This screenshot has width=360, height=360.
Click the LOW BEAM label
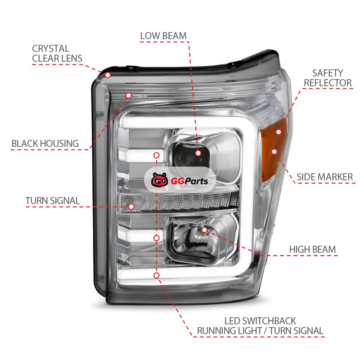tap(163, 36)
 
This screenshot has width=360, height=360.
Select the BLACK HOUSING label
tap(45, 144)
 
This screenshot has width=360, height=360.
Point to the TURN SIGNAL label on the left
tap(52, 201)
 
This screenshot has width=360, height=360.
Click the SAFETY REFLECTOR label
tap(328, 77)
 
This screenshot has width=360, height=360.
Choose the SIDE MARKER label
tap(324, 177)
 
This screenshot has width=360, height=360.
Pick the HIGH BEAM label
tap(312, 249)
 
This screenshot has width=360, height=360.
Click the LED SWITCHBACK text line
tap(260, 321)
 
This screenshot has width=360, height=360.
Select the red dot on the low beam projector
tap(198, 153)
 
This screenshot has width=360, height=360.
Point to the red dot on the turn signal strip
tap(131, 207)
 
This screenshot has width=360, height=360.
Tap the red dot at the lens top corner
tap(108, 74)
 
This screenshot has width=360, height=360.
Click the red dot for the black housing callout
tap(129, 95)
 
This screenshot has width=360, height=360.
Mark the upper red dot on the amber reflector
tap(279, 132)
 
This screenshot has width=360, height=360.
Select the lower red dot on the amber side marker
tap(274, 152)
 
